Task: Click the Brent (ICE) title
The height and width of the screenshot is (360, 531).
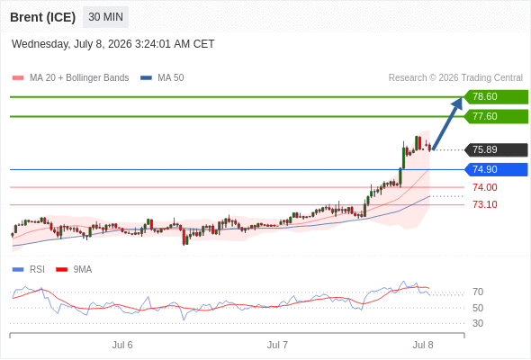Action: pyautogui.click(x=42, y=17)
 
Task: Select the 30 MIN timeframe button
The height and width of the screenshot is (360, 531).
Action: pyautogui.click(x=105, y=17)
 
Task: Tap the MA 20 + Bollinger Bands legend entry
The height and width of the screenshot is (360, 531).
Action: pyautogui.click(x=70, y=78)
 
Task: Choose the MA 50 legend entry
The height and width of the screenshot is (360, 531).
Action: pyautogui.click(x=162, y=78)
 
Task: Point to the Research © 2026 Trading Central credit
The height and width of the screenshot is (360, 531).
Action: pyautogui.click(x=455, y=78)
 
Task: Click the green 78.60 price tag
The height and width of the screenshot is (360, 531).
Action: pyautogui.click(x=496, y=97)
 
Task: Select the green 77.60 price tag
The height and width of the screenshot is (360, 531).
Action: pyautogui.click(x=496, y=116)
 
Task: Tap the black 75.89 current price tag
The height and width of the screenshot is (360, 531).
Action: pyautogui.click(x=496, y=149)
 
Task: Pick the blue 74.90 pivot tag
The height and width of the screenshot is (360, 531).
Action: pyautogui.click(x=496, y=169)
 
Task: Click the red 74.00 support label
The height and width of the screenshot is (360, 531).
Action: pyautogui.click(x=485, y=187)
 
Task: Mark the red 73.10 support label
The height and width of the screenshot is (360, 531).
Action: pyautogui.click(x=485, y=204)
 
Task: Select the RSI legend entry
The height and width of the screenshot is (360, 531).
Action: pyautogui.click(x=29, y=270)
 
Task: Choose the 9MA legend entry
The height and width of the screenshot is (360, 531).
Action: pyautogui.click(x=74, y=270)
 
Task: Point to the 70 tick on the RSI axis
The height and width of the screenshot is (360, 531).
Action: pyautogui.click(x=478, y=292)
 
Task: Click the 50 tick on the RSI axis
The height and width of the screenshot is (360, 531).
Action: pyautogui.click(x=478, y=308)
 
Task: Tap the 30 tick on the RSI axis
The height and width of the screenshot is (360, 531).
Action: pyautogui.click(x=478, y=323)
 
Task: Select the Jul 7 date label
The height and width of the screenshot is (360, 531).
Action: pyautogui.click(x=277, y=345)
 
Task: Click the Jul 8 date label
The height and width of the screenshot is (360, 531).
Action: pyautogui.click(x=423, y=345)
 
